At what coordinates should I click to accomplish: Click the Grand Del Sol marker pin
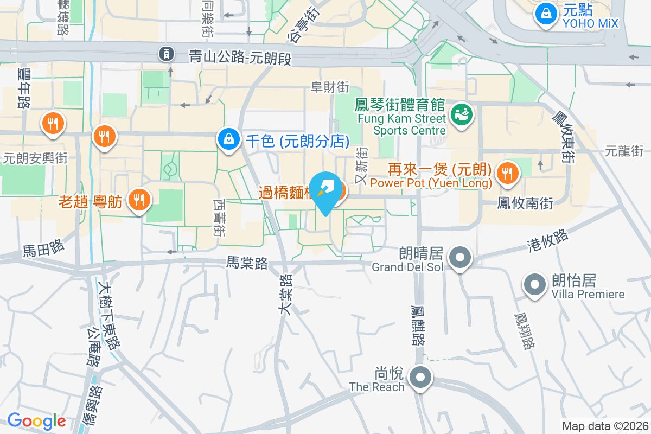click(461, 257)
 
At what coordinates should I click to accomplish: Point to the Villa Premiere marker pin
click(534, 285)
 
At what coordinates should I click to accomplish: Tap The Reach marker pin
click(420, 378)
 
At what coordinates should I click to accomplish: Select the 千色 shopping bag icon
click(229, 139)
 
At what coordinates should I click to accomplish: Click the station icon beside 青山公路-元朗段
click(166, 53)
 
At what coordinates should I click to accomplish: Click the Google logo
click(36, 421)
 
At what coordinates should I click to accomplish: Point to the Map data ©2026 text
click(604, 426)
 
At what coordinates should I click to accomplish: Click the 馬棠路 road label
click(247, 264)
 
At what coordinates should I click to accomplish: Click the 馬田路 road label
click(43, 249)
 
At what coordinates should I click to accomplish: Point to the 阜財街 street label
click(329, 87)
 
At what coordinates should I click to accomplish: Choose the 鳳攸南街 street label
click(525, 203)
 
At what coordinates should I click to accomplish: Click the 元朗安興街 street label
click(35, 158)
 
